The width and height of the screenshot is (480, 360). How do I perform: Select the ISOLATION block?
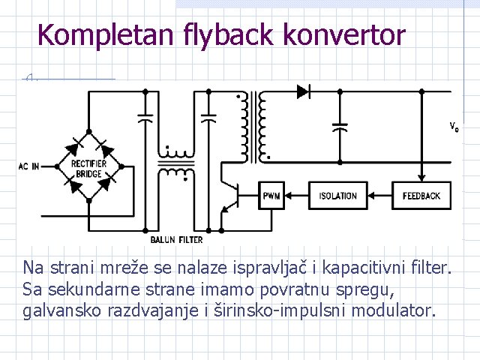337,196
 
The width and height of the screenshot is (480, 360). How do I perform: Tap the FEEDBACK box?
422,196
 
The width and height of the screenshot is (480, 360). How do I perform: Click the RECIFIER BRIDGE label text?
89,169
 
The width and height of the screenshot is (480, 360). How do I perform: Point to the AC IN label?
29,166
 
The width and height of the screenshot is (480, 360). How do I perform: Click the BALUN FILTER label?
177,239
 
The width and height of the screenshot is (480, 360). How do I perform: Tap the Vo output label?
454,126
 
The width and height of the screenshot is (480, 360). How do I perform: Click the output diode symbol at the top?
304,91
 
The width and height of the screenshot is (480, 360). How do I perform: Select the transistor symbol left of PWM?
232,197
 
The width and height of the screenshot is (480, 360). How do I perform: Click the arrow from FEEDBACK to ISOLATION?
381,196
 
